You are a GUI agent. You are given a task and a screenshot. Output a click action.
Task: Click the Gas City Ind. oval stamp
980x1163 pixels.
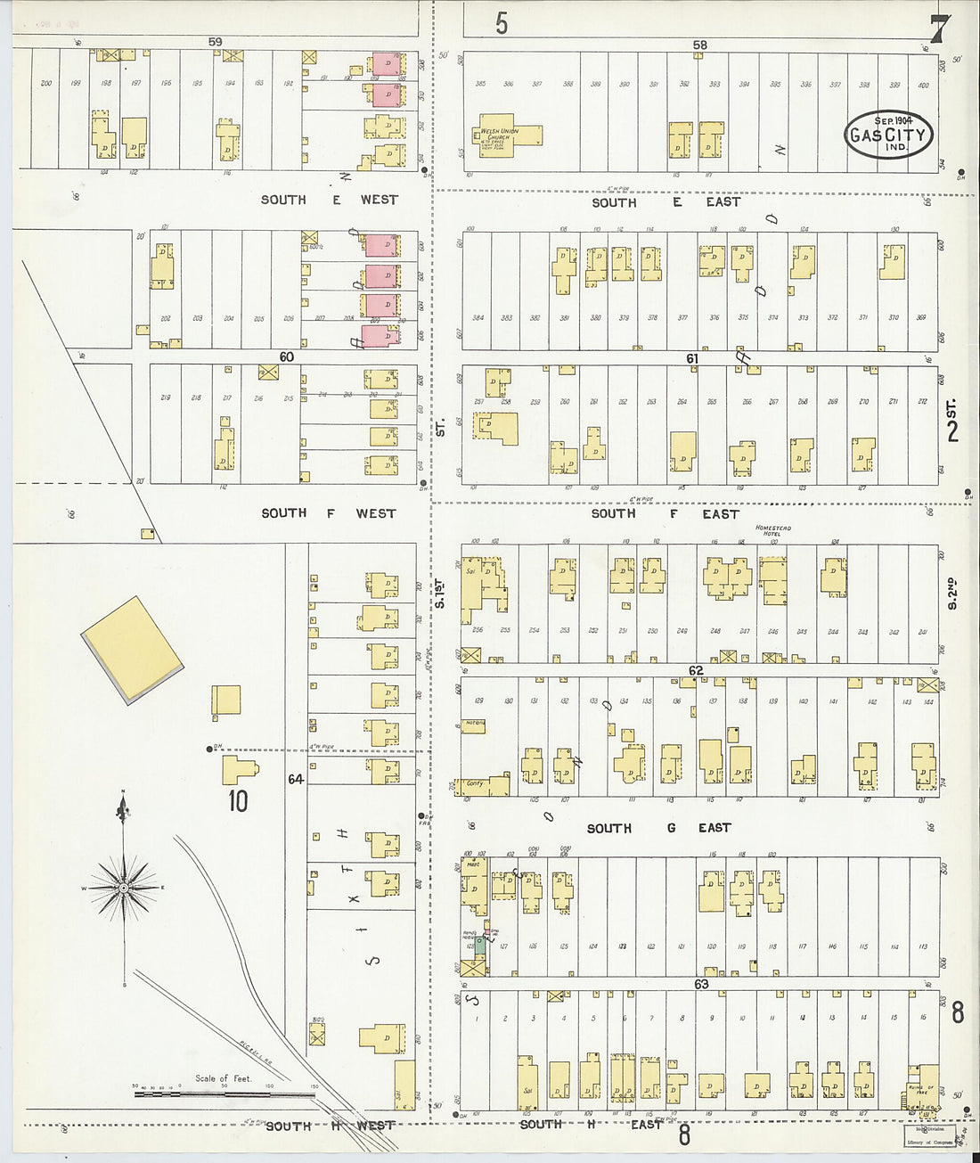point(888,135)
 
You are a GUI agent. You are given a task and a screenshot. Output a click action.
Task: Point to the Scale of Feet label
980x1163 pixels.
point(224,1078)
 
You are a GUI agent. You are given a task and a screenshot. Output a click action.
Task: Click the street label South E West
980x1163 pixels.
point(329,200)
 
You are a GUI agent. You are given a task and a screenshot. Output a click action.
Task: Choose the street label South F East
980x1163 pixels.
point(665,514)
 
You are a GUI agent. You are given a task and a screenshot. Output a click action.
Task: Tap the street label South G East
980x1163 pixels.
point(658,828)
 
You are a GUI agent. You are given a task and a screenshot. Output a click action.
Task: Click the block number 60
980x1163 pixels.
point(286,356)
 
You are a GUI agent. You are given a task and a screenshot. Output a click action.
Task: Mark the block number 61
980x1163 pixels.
point(692,358)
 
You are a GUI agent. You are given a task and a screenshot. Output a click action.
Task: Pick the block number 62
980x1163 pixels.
point(696,670)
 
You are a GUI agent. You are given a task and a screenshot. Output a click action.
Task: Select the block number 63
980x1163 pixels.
point(701,984)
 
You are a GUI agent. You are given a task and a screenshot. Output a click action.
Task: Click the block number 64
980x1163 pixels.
point(296,779)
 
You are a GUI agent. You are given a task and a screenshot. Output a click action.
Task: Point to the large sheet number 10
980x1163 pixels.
point(237,801)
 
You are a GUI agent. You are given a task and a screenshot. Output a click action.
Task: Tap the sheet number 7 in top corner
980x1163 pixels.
point(938,29)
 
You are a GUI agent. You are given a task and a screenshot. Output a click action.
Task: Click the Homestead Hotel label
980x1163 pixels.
point(772,531)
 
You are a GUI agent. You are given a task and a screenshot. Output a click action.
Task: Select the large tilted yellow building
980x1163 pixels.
point(132,650)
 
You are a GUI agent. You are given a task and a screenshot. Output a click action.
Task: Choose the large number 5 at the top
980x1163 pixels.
point(502,24)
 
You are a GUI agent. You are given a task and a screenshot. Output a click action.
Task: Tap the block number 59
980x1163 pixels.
point(215,41)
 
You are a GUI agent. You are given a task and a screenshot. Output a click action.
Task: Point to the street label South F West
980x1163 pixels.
point(328,513)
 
